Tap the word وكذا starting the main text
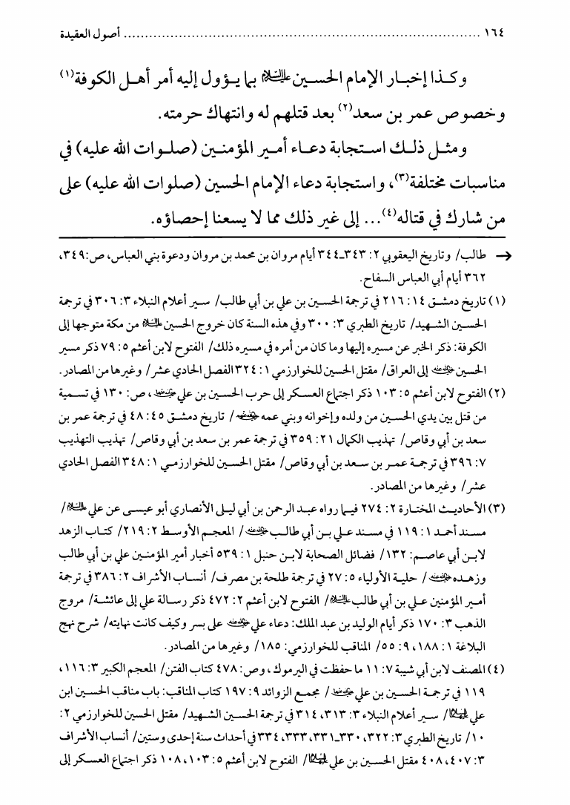point(514,79)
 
